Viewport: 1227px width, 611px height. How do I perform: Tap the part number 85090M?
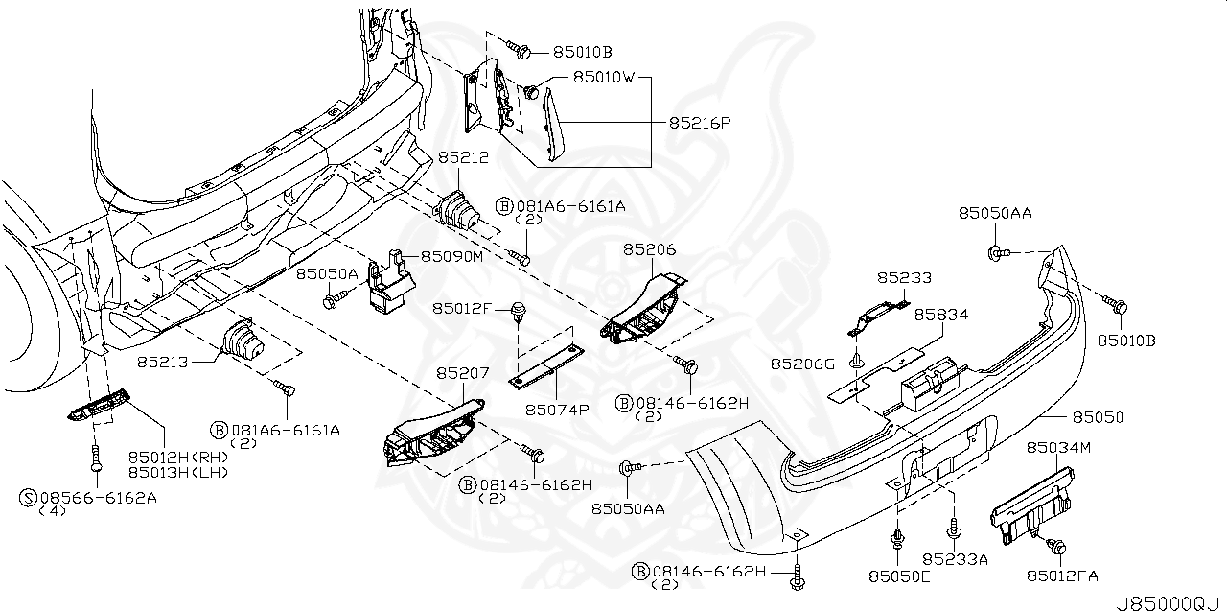tap(452, 257)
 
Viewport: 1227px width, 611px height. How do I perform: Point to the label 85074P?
tap(556, 410)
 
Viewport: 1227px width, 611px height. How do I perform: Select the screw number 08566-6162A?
tap(97, 497)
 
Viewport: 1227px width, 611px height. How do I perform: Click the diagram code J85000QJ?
tap(1169, 601)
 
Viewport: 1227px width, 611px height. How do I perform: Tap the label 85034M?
tap(1059, 448)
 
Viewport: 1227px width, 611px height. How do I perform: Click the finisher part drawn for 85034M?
tap(1030, 499)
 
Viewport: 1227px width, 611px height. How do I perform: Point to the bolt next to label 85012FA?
tap(1057, 547)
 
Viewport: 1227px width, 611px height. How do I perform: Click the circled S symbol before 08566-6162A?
tap(28, 497)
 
